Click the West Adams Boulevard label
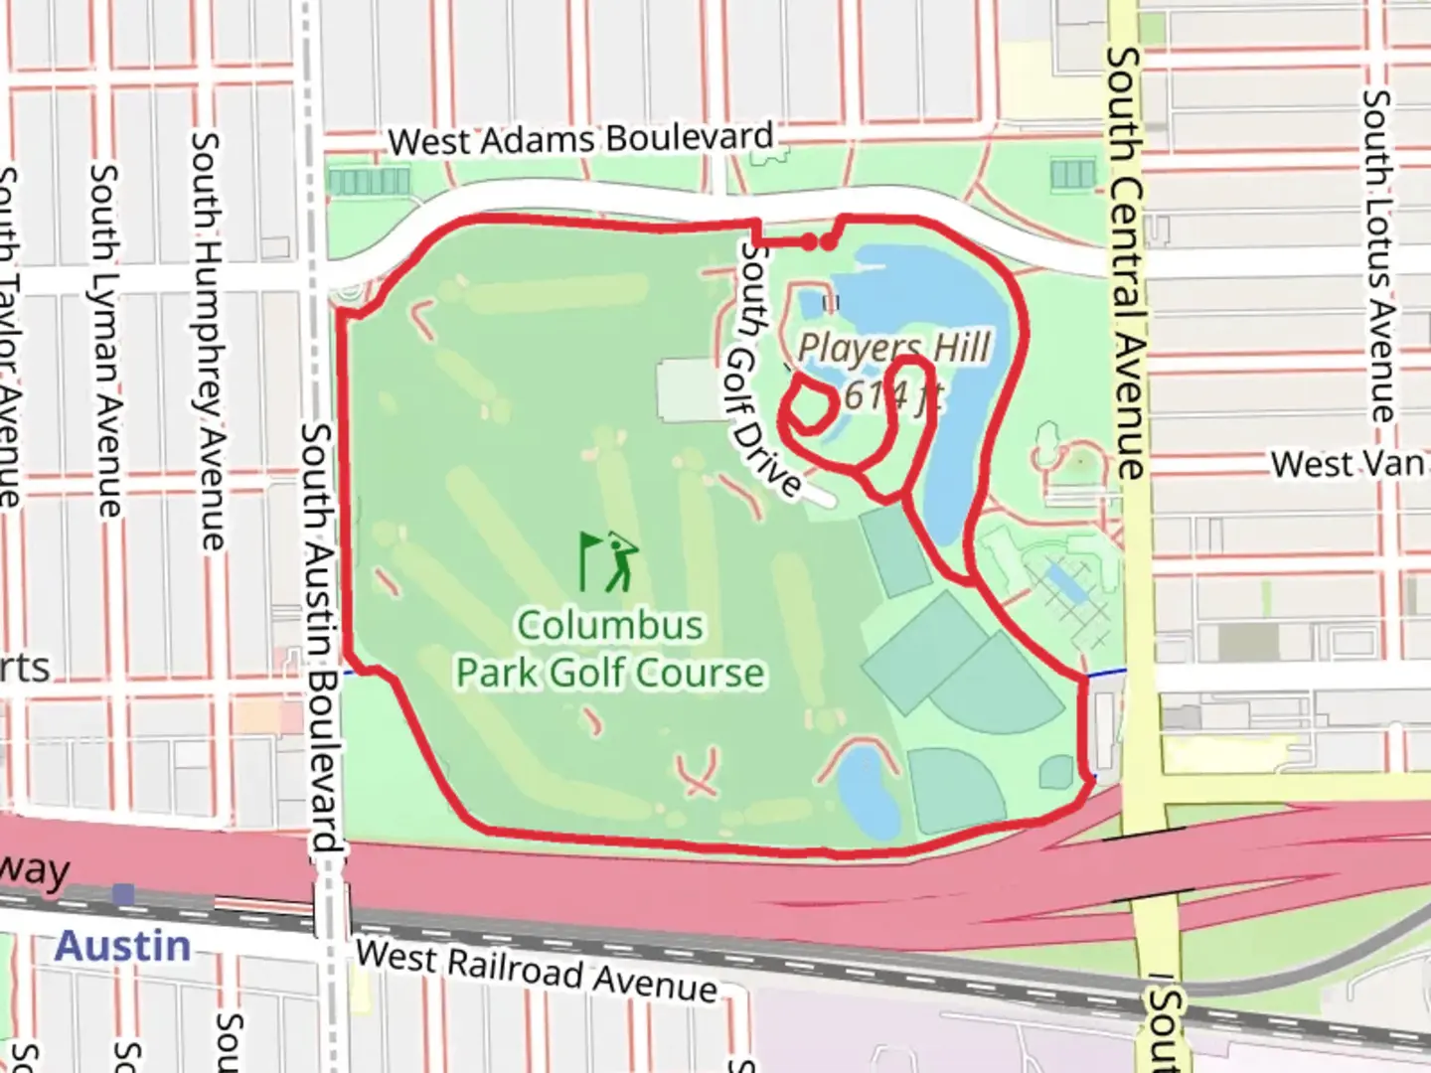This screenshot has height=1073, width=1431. pos(580,139)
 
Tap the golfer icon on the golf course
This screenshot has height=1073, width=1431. pos(609,561)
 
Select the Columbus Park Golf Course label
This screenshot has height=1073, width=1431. pos(610,649)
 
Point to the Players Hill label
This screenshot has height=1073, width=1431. pos(893,349)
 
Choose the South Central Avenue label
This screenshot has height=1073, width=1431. pos(1126,263)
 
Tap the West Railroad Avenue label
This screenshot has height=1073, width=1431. pos(537,971)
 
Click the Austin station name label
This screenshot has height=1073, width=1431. pos(122,946)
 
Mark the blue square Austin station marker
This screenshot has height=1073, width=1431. pos(124,894)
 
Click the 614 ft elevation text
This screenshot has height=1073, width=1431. pos(891,395)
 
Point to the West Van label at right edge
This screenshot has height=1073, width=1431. pos(1349,464)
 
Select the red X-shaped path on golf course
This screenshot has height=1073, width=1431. pos(699,774)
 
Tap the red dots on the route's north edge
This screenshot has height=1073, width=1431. pos(818,241)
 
